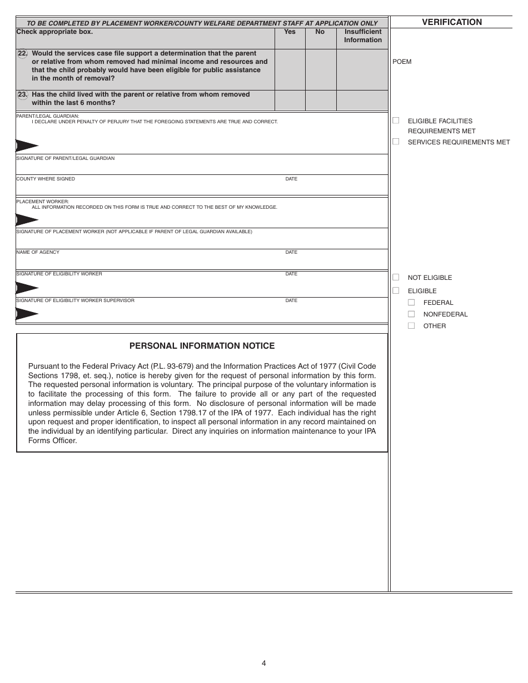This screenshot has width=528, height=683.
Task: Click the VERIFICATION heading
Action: [452, 22]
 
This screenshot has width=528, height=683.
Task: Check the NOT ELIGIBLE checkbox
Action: [396, 277]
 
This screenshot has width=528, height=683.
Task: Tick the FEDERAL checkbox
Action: [411, 303]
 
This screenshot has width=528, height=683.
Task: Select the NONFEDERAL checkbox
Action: [411, 314]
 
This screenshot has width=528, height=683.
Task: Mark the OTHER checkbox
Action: [411, 326]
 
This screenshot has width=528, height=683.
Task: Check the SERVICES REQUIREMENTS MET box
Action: [396, 142]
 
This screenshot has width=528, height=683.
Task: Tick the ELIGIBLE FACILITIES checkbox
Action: [396, 120]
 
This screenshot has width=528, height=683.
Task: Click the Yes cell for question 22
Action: [290, 69]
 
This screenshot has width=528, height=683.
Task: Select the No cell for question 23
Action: [320, 101]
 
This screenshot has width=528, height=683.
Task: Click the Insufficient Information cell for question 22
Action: [362, 69]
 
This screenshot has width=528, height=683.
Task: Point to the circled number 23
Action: [22, 95]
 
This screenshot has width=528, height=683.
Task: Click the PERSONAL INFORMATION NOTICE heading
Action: [202, 346]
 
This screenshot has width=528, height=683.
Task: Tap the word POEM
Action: [402, 62]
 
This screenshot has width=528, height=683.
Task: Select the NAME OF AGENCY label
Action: [38, 253]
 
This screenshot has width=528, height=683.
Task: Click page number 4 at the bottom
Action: [264, 662]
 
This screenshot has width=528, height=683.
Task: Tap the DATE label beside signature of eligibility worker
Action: [291, 274]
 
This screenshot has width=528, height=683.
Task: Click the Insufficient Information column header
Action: [362, 36]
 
